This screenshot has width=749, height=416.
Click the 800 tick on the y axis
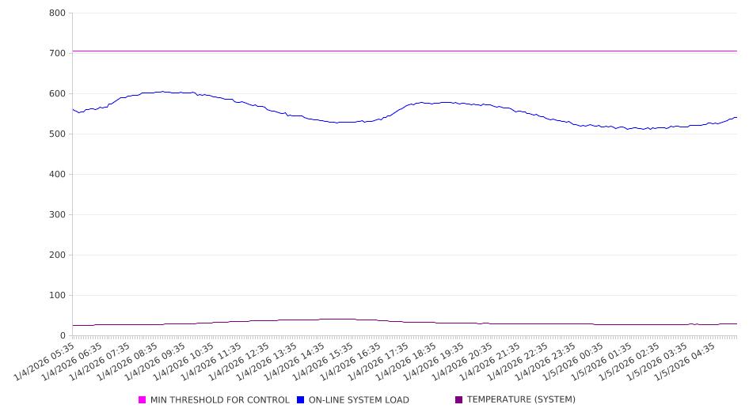point(57,13)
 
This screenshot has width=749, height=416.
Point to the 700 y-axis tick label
point(57,54)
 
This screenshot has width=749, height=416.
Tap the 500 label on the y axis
point(57,134)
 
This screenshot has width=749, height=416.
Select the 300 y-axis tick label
point(57,215)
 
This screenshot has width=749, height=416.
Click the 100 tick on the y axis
point(57,296)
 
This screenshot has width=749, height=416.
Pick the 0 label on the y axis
point(63,336)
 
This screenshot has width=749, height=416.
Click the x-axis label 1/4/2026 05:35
point(46,361)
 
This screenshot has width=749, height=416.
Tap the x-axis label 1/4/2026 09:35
point(157,361)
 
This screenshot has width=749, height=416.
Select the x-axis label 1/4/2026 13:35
point(268,361)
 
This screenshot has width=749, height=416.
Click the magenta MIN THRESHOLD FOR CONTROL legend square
point(143,400)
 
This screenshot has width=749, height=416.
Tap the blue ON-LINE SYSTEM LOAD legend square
point(301,400)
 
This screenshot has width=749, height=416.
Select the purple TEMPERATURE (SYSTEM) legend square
point(459,400)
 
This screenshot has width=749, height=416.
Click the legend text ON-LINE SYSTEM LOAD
point(359,400)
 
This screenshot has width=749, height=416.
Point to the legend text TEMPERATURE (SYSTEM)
point(521,400)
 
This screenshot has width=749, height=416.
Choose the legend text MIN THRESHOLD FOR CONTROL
point(220,400)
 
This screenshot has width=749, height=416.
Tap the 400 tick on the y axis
point(57,175)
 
